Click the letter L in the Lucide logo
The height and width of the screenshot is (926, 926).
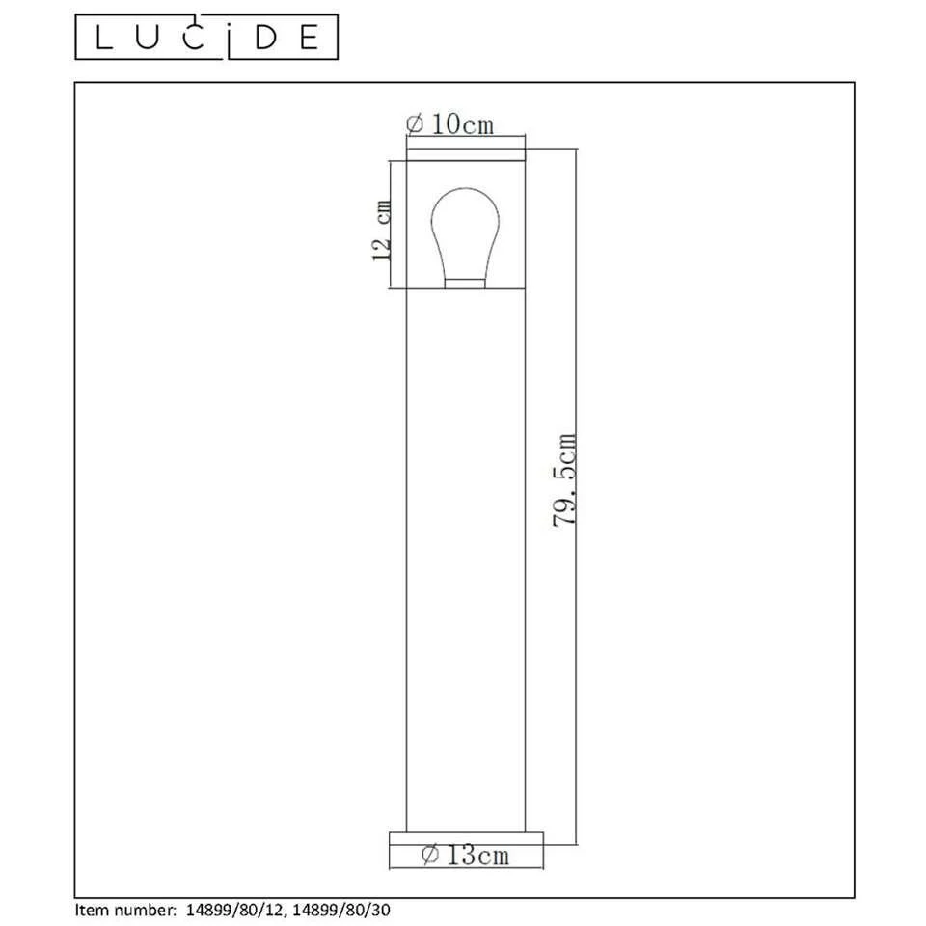pyautogui.click(x=103, y=37)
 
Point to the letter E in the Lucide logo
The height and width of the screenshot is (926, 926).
pyautogui.click(x=309, y=37)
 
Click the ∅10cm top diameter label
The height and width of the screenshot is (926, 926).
pyautogui.click(x=449, y=124)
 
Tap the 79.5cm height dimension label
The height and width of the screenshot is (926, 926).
pyautogui.click(x=565, y=479)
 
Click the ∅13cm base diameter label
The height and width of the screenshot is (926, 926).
pyautogui.click(x=466, y=855)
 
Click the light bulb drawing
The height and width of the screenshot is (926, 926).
pyautogui.click(x=465, y=231)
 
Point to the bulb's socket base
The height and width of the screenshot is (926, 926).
pyautogui.click(x=465, y=282)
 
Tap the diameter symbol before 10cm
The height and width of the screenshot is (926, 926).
pyautogui.click(x=415, y=124)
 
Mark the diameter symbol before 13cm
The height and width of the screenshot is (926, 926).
pyautogui.click(x=431, y=855)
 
